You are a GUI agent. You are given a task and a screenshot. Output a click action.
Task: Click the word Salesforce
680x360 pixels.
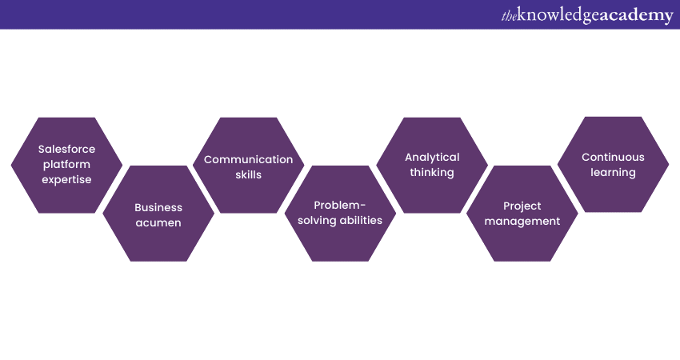[66, 149]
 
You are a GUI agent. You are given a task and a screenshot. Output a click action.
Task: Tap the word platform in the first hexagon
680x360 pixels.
[66, 164]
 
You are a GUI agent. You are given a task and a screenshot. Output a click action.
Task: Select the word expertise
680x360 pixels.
[66, 180]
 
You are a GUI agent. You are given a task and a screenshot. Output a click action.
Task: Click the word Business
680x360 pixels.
[158, 207]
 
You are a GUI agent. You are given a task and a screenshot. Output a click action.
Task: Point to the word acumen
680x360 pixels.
[158, 223]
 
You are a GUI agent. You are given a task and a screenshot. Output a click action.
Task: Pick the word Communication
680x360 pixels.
[248, 159]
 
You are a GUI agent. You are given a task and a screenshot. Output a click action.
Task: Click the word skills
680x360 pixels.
[248, 174]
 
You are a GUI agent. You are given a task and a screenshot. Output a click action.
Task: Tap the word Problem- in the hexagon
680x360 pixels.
[340, 205]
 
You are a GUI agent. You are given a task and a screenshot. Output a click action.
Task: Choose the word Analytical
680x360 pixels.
[432, 157]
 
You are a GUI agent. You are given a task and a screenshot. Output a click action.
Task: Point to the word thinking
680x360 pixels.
[432, 173]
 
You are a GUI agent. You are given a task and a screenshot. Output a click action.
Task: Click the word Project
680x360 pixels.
[522, 206]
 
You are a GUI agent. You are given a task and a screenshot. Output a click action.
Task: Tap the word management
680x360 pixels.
[522, 221]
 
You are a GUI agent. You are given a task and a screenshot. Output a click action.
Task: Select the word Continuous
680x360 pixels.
[613, 157]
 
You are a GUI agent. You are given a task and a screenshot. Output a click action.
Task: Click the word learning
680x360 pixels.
[613, 173]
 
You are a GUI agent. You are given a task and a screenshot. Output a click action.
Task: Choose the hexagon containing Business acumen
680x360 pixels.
[158, 240]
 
